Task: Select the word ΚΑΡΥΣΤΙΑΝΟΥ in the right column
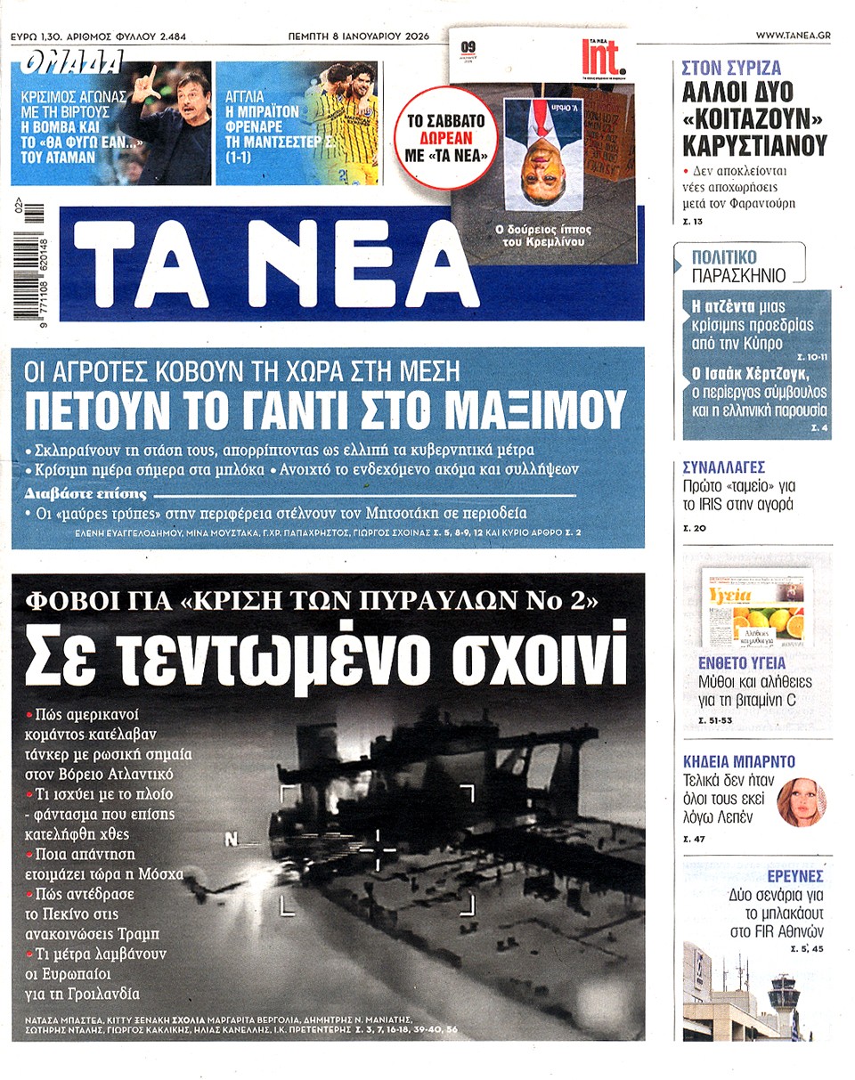coord(755,145)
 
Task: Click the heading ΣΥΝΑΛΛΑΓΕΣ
coord(723,467)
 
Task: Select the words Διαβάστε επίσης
coord(86,493)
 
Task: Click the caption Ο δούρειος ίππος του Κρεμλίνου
coord(542,236)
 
